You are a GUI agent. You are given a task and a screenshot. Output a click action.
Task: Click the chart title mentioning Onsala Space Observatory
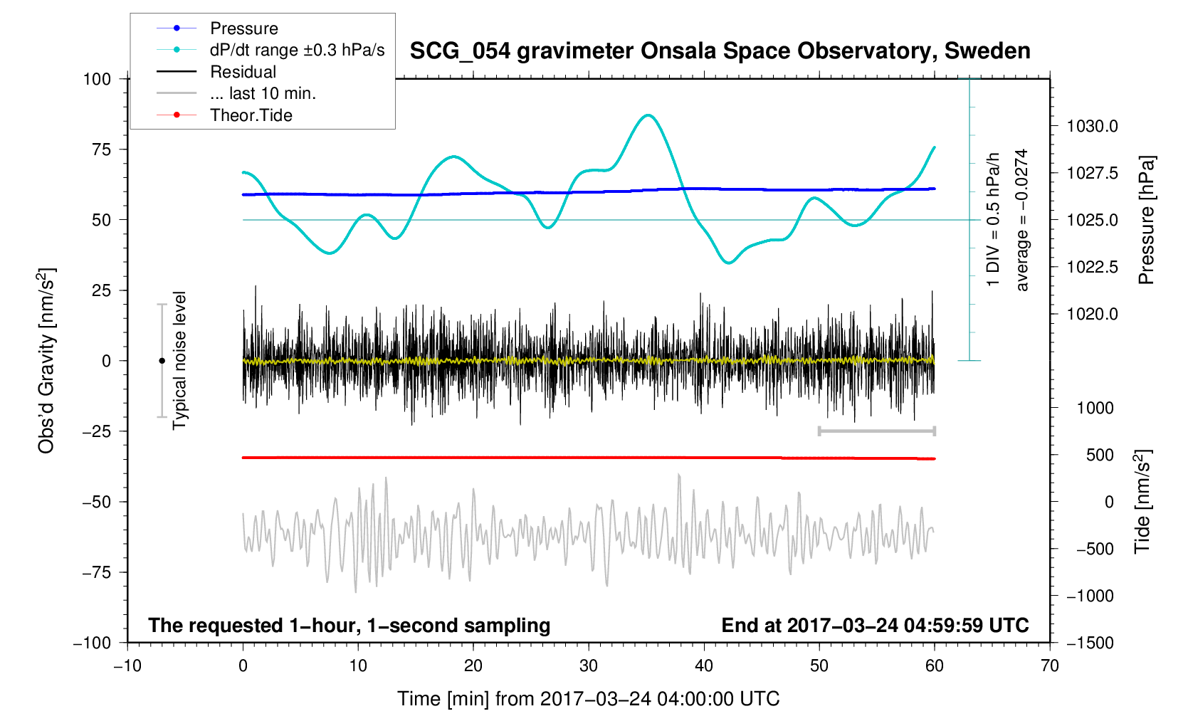[x=720, y=51]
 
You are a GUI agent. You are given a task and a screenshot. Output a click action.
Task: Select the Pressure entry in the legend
[x=243, y=28]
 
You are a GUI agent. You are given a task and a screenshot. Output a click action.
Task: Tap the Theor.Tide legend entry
[x=251, y=115]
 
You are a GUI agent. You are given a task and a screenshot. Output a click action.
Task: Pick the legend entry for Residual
[x=243, y=72]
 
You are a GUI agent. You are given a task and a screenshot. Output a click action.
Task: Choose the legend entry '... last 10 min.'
[x=263, y=93]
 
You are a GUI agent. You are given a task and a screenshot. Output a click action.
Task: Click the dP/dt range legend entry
[x=297, y=50]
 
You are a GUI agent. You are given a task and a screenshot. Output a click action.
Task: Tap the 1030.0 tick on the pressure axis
[x=1092, y=127]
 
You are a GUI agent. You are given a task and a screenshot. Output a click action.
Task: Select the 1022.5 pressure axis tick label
[x=1092, y=268]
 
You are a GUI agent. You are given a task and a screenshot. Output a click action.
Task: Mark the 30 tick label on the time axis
[x=589, y=666]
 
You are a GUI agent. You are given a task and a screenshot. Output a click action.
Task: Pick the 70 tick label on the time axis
[x=1049, y=666]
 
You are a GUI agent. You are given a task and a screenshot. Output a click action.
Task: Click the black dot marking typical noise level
[x=162, y=361]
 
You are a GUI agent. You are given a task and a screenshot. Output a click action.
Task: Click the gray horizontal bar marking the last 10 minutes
[x=876, y=431]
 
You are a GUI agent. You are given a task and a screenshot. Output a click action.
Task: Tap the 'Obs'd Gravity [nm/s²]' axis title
[x=47, y=361]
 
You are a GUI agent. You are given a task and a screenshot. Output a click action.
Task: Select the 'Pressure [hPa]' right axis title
[x=1145, y=220]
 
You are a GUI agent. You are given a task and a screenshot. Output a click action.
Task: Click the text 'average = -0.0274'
[x=1022, y=220]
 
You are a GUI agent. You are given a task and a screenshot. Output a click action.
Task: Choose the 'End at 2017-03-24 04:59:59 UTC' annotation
[x=875, y=626]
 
